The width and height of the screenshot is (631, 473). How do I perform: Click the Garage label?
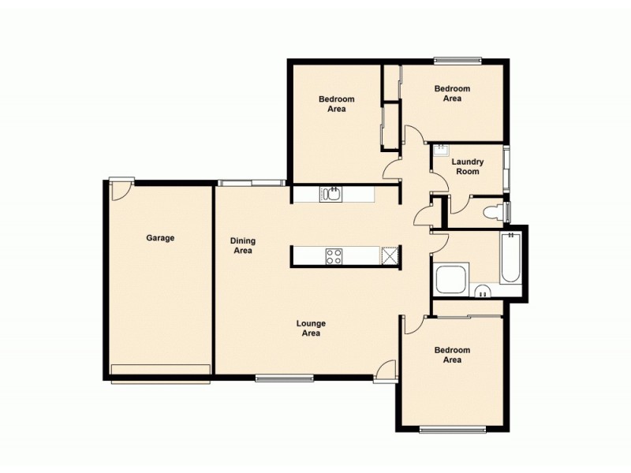click(x=160, y=237)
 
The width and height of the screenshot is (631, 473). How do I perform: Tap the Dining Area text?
click(x=242, y=246)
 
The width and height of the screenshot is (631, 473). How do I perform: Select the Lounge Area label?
click(x=311, y=328)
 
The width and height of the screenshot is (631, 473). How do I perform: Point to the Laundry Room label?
click(x=467, y=166)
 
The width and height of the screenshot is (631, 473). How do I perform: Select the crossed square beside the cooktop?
click(x=390, y=255)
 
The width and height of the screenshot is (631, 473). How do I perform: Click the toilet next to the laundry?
click(x=492, y=211)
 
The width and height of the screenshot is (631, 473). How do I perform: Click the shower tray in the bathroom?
click(x=451, y=279)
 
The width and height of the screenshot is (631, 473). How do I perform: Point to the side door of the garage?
click(x=121, y=186)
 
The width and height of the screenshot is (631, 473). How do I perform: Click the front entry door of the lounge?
click(x=385, y=371)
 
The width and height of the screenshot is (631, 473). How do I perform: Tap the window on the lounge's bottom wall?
click(x=284, y=378)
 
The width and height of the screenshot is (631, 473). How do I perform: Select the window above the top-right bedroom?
click(x=457, y=59)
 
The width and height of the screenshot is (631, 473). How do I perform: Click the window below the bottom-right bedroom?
click(x=446, y=429)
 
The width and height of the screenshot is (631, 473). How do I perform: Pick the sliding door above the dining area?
click(x=251, y=183)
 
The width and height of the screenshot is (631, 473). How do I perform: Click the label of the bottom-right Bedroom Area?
click(x=452, y=355)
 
